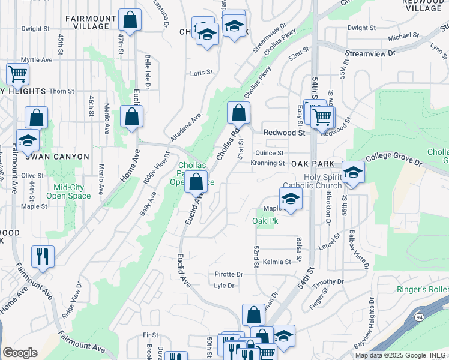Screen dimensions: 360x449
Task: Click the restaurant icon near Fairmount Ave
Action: (43, 256)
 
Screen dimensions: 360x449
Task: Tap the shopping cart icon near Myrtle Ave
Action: (17, 74)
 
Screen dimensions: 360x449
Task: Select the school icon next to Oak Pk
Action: (291, 199)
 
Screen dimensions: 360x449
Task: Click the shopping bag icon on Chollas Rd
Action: (238, 112)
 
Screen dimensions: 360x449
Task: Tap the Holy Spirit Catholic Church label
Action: (313, 181)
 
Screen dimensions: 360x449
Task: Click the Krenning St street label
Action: (268, 163)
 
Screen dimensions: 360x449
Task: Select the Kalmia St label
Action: (277, 262)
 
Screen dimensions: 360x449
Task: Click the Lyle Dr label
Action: (224, 286)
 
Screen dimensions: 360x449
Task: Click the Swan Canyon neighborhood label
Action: (61, 157)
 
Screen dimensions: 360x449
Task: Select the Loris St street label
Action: (201, 73)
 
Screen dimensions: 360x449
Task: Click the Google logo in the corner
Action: (20, 353)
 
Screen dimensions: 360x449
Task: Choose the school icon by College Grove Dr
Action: (353, 172)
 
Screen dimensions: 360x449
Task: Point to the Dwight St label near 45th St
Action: (35, 29)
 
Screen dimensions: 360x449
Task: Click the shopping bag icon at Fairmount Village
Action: (130, 20)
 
